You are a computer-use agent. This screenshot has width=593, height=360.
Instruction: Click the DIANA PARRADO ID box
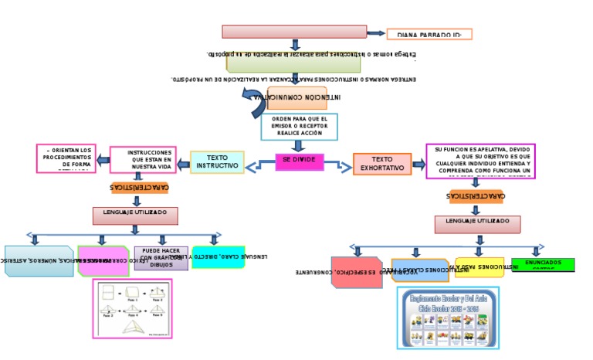(429, 34)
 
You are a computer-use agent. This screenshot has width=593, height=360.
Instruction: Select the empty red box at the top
(294, 32)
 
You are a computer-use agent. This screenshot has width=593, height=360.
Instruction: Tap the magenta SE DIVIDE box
(300, 161)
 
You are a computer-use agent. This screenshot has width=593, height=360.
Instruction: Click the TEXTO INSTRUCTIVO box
(217, 162)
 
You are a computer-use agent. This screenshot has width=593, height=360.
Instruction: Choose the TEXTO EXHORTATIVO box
(382, 164)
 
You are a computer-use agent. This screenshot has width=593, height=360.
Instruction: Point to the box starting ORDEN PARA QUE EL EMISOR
(299, 127)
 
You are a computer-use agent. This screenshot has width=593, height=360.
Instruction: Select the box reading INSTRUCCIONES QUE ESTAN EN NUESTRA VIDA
(143, 160)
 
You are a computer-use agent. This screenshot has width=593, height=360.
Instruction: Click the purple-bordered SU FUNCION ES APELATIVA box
(480, 161)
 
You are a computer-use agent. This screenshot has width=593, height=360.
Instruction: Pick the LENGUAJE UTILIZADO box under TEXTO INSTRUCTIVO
(135, 216)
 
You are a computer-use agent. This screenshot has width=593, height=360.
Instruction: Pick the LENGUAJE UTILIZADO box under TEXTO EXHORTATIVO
(477, 224)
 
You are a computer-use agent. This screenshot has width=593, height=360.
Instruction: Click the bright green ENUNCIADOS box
(554, 265)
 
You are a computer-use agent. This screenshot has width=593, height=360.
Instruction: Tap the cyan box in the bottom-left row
(218, 257)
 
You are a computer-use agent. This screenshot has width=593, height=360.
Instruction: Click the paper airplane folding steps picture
(132, 308)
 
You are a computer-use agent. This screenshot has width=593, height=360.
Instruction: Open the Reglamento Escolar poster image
(448, 318)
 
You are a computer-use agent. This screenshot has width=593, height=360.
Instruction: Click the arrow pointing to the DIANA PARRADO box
(376, 33)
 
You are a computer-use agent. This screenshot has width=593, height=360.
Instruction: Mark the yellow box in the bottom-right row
(479, 267)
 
